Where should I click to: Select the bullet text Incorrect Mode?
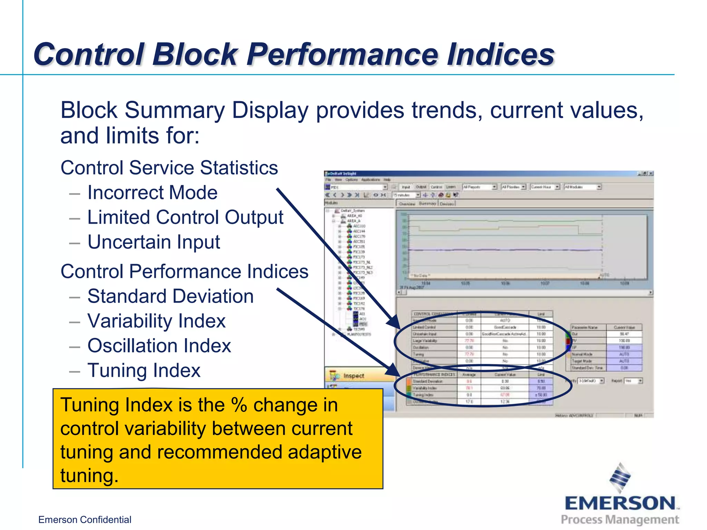[x=152, y=193]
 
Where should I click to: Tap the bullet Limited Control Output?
[x=185, y=217]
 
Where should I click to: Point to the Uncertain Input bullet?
[x=154, y=242]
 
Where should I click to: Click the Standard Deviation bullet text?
[x=171, y=296]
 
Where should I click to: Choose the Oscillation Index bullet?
[x=159, y=346]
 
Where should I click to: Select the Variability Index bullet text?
[x=156, y=321]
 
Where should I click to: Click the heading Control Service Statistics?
[x=169, y=168]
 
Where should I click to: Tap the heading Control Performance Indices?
[x=184, y=272]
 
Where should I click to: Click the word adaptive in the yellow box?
[x=325, y=452]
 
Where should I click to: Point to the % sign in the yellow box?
[x=239, y=405]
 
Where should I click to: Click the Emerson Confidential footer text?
[x=85, y=520]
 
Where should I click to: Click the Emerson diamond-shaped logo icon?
[x=620, y=478]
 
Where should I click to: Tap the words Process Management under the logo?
[x=620, y=520]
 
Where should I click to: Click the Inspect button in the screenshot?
[x=353, y=375]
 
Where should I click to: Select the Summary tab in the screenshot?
[x=427, y=204]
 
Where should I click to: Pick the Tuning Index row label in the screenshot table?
[x=423, y=395]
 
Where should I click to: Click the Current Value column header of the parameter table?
[x=624, y=327]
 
